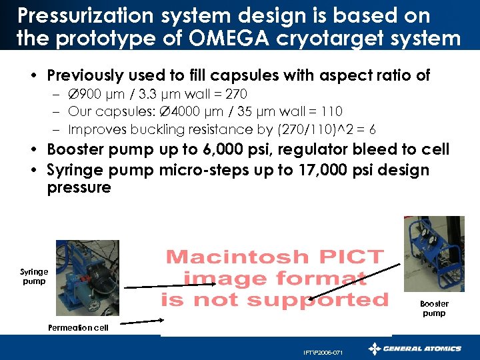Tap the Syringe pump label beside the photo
(x=34, y=276)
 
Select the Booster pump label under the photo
(x=434, y=308)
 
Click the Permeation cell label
(x=78, y=328)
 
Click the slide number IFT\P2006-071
(x=323, y=352)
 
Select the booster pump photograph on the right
(x=433, y=254)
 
